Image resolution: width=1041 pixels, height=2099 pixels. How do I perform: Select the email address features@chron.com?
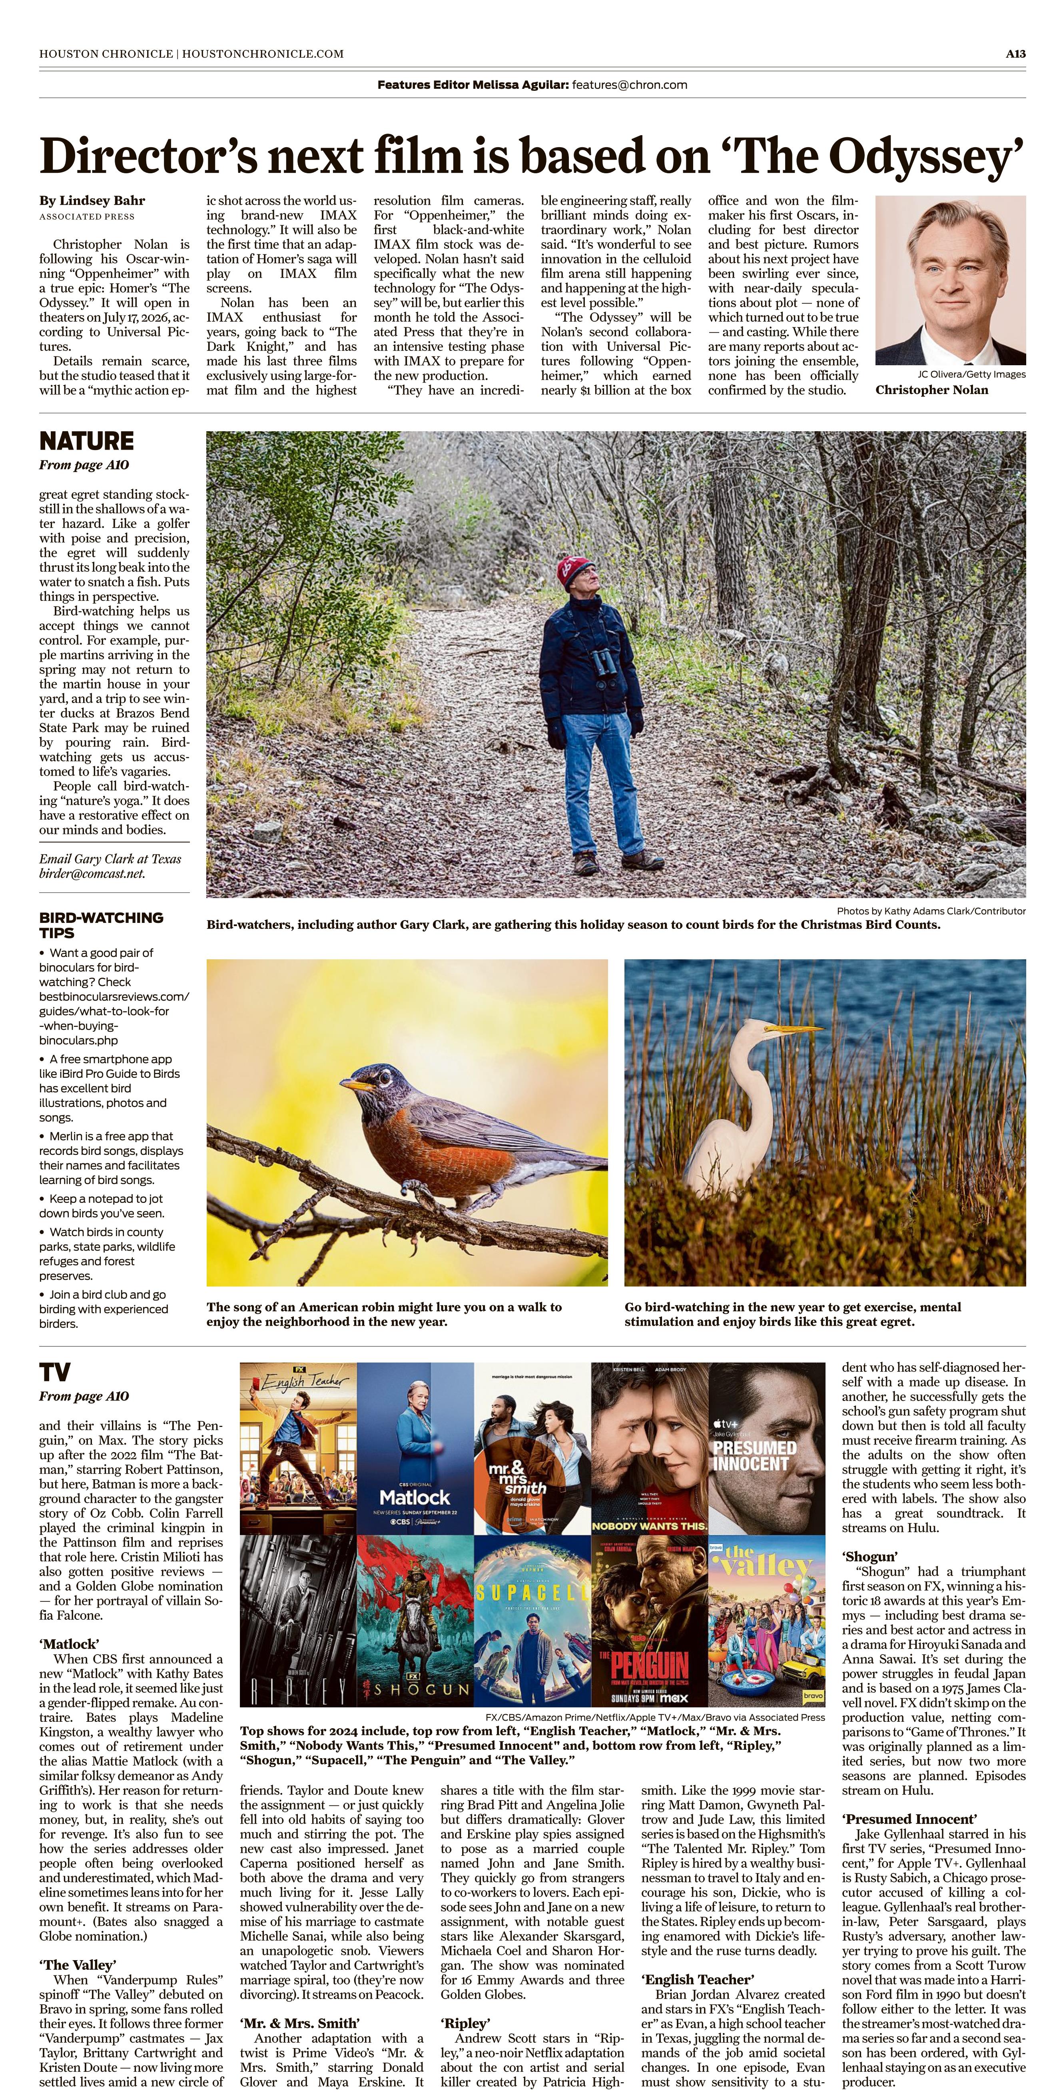click(x=630, y=85)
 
